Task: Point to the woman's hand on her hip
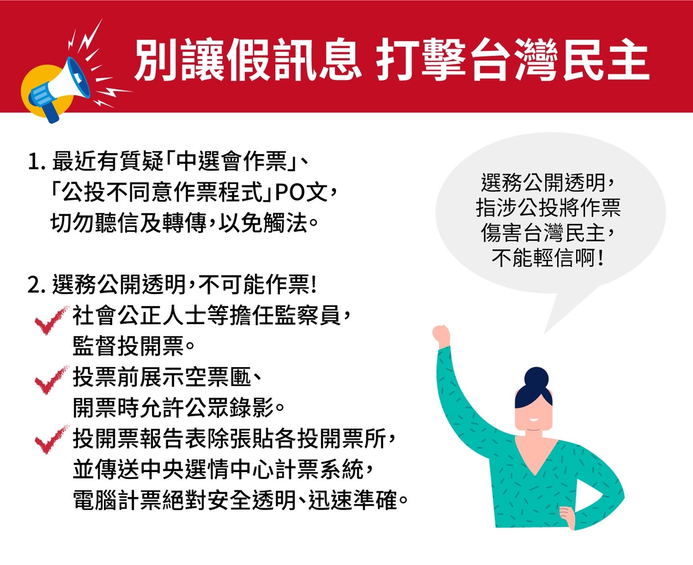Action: tap(567, 517)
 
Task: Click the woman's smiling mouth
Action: tap(534, 420)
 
